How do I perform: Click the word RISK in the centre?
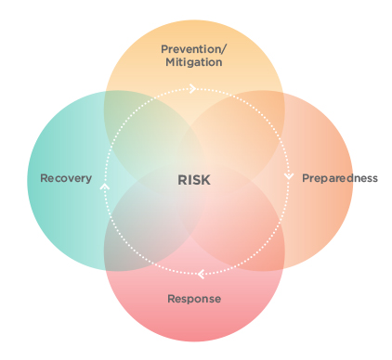pos(194,179)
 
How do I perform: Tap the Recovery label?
pos(66,178)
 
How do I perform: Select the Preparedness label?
pos(340,178)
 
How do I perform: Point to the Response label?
pos(194,299)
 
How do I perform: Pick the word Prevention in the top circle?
pos(189,48)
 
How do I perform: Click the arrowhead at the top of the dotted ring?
pos(192,89)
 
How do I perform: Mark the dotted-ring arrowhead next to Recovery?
pos(104,186)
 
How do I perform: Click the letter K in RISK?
pos(206,179)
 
